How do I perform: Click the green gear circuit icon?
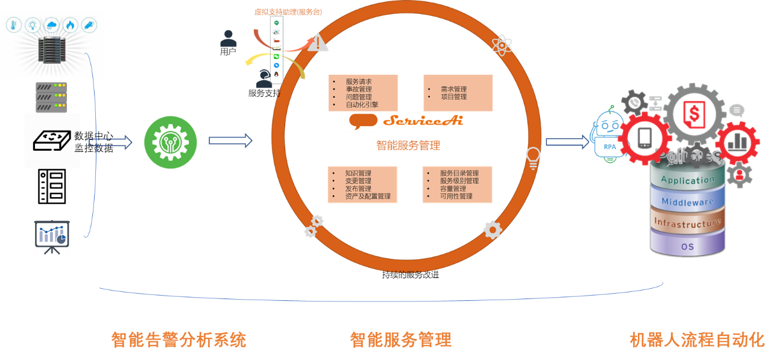(170, 142)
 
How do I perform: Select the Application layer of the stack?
(687, 180)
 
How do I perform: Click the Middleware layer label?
(687, 202)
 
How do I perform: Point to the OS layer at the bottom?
(687, 247)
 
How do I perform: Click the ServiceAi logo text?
(423, 120)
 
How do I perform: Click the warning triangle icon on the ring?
(318, 43)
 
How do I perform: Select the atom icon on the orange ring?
(502, 45)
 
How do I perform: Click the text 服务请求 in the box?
(358, 81)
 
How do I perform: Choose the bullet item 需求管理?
(453, 89)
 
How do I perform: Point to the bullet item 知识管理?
(358, 173)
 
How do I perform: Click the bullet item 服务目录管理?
(459, 173)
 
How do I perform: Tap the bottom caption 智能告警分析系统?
(178, 339)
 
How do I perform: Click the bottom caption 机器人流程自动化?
(697, 339)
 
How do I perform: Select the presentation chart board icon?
(52, 236)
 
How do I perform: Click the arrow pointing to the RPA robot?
(567, 142)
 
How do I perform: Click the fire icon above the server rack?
(70, 25)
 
